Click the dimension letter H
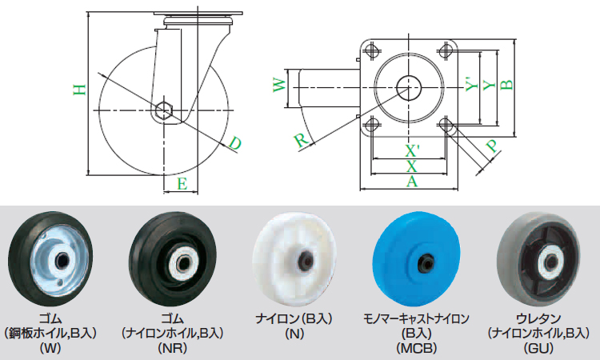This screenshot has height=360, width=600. pyautogui.click(x=79, y=90)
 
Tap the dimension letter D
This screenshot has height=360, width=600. pyautogui.click(x=235, y=144)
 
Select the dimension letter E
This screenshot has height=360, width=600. pyautogui.click(x=182, y=184)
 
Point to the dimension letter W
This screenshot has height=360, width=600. pyautogui.click(x=280, y=85)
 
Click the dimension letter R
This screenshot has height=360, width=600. pyautogui.click(x=302, y=140)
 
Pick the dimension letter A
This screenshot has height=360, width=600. pyautogui.click(x=412, y=182)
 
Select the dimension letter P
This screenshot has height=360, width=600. pyautogui.click(x=493, y=146)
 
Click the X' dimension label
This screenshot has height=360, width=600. pyautogui.click(x=413, y=151)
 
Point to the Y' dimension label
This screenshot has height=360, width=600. pyautogui.click(x=472, y=85)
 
